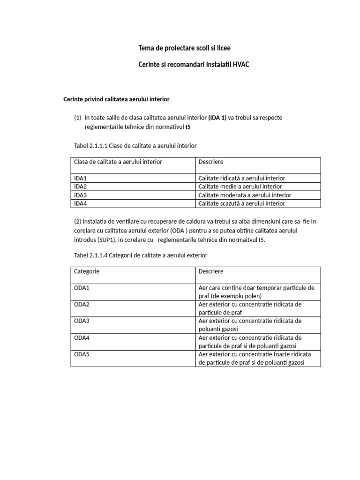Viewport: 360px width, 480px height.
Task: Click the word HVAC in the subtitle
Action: [239, 64]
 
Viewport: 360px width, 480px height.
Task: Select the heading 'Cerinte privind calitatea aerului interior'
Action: [116, 99]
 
